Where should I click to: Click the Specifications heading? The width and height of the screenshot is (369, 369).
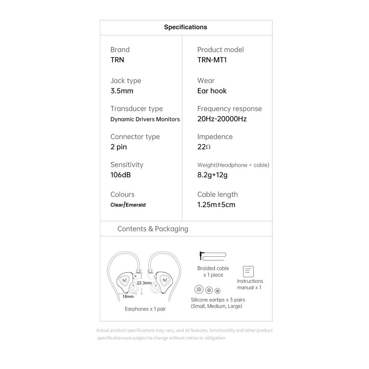coord(185,27)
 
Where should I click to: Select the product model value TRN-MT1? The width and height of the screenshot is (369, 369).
coord(212,60)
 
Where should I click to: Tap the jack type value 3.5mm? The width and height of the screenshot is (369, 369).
coord(122,91)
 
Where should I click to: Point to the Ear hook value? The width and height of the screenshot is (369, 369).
coord(212,91)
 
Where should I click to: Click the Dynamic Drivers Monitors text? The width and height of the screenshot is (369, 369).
coord(145,119)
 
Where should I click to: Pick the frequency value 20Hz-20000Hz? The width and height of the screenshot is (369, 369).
coord(222,119)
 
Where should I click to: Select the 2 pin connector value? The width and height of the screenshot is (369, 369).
coord(119,147)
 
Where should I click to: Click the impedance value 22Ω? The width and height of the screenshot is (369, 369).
coord(204,147)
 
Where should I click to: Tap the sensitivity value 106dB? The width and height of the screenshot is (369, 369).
coord(120,175)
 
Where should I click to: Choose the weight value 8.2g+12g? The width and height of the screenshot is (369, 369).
coord(212,175)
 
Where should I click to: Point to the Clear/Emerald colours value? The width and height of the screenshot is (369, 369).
coord(128,205)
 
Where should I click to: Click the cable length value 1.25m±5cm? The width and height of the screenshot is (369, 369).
coord(216,205)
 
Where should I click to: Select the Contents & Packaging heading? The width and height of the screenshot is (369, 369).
coord(153,229)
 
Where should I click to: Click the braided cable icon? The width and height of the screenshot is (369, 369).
coord(212,256)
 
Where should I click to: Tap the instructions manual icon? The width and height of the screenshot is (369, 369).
coord(248,271)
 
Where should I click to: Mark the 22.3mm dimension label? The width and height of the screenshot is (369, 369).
coord(144,283)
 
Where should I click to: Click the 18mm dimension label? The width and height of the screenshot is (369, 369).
coord(128,297)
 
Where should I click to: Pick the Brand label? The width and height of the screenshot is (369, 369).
coord(120,50)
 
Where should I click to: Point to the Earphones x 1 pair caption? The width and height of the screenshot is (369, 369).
coord(145,309)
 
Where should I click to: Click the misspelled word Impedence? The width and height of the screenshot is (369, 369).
coord(215,137)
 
